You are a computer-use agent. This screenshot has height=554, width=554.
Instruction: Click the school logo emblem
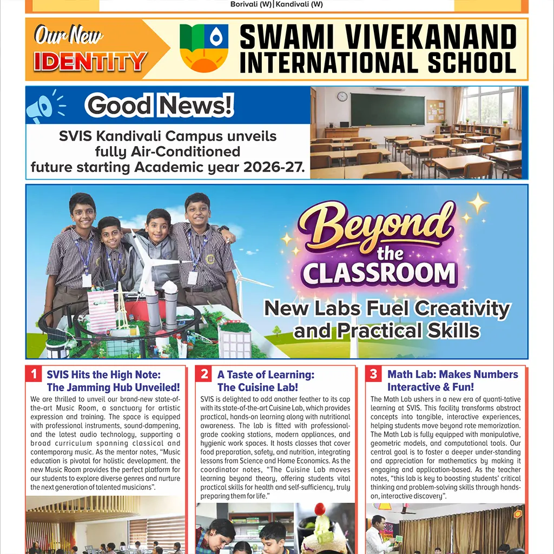pos(204,48)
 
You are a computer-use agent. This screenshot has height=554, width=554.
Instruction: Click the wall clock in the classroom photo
pos(342,96)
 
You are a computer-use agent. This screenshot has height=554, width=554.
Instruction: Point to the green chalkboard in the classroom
pos(387,110)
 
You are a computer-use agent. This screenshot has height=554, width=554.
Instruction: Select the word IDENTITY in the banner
pos(90,62)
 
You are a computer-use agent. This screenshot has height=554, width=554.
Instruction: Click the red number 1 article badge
pos(34,374)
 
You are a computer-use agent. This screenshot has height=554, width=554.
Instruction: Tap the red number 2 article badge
pos(205,374)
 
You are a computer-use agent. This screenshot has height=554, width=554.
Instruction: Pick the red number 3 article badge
pos(374,374)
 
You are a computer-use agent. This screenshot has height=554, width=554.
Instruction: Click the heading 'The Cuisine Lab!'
pos(258,387)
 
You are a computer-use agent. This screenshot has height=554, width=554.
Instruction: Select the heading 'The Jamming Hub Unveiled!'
pos(113,387)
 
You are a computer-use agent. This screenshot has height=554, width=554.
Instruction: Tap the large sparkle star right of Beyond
pos(478,203)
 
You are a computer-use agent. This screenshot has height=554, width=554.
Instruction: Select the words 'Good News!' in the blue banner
pos(160,105)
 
